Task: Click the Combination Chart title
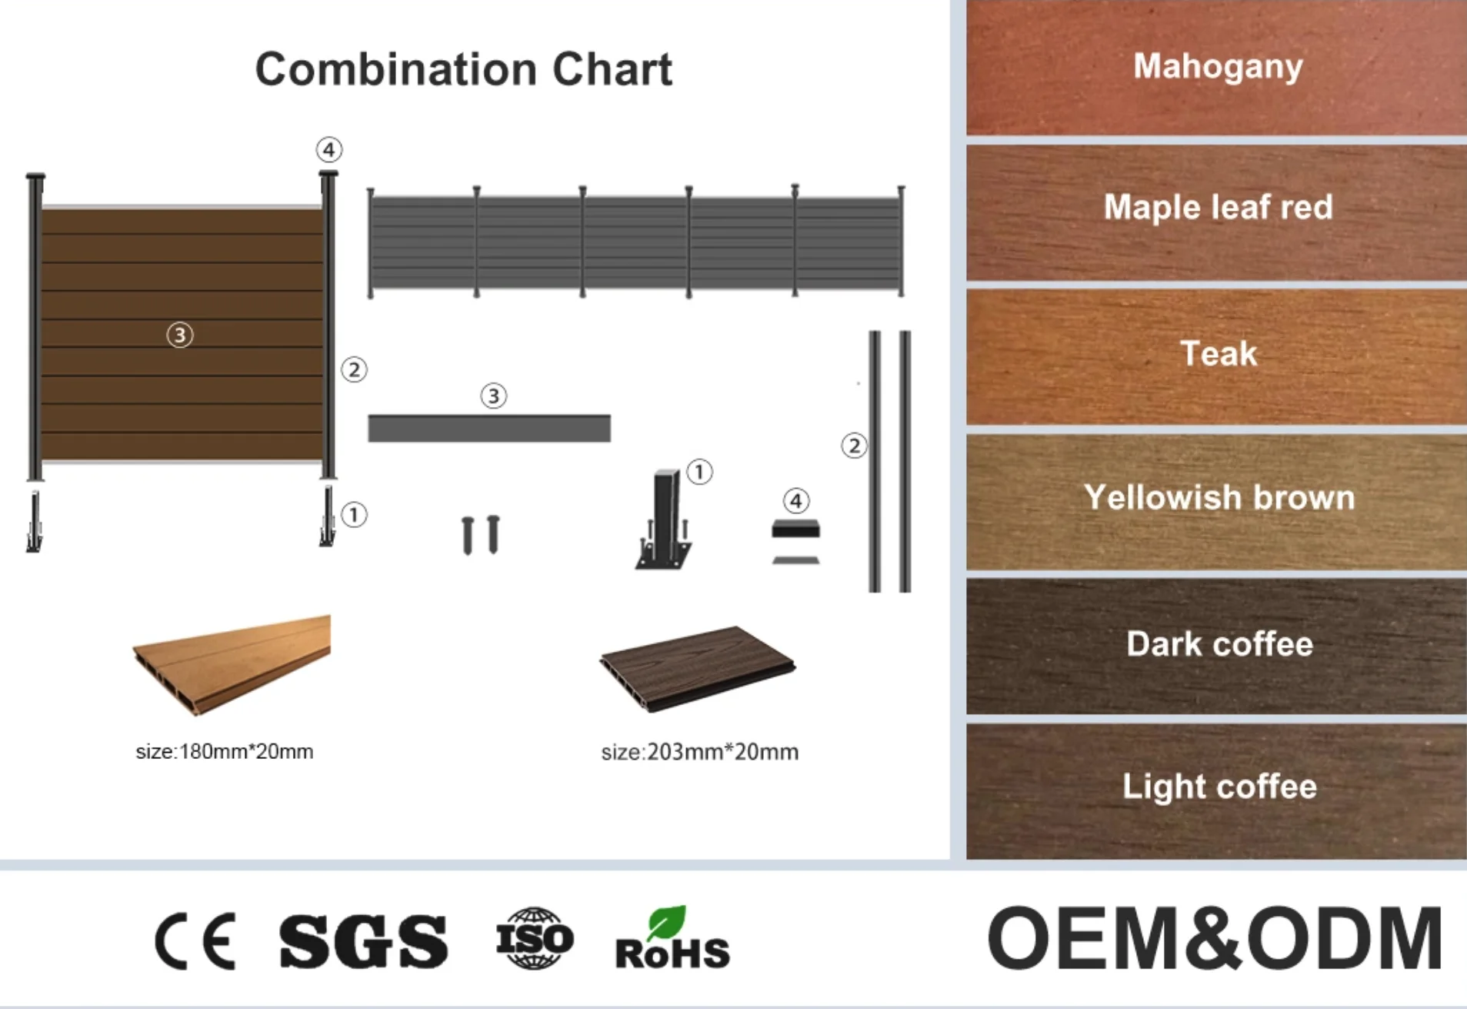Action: (463, 70)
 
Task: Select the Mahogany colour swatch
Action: (1216, 68)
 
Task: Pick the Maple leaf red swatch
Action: (1216, 212)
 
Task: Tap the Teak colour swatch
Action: (1216, 357)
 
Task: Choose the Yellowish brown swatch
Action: (1216, 502)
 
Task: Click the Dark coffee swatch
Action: (1216, 646)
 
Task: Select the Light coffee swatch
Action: (1216, 791)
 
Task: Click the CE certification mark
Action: (195, 941)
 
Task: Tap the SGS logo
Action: (363, 941)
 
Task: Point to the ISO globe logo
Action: (535, 938)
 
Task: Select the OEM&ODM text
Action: (1215, 938)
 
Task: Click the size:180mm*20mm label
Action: (225, 751)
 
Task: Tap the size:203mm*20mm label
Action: (700, 752)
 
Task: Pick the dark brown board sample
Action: (698, 668)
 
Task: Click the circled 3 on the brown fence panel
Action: (180, 335)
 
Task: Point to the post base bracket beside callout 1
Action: (663, 520)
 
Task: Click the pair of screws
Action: (481, 534)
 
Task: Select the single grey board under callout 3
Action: (489, 428)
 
